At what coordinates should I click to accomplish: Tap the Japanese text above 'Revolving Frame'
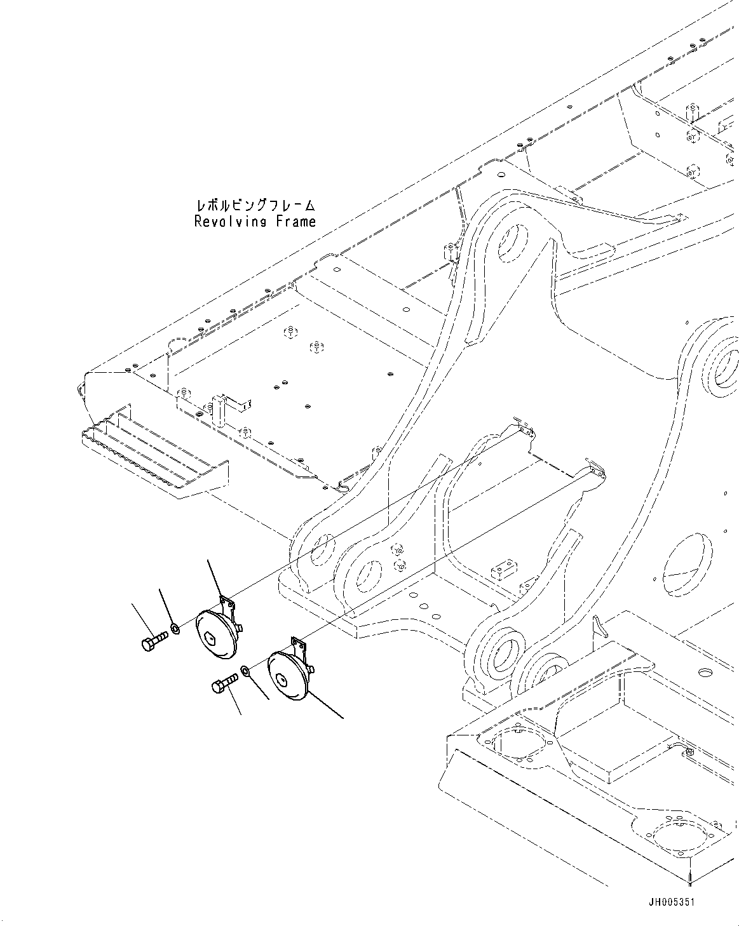[255, 205]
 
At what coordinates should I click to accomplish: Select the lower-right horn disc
[288, 678]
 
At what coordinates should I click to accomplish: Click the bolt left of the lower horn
[224, 685]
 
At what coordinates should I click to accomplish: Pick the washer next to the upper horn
[175, 629]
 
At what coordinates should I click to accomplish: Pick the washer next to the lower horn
[245, 670]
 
